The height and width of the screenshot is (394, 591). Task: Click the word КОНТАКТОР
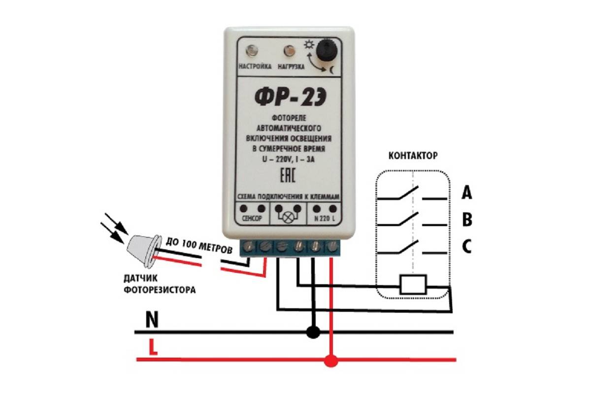tap(413, 156)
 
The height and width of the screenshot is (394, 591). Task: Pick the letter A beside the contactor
tap(466, 193)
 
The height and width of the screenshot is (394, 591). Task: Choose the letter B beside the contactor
tap(466, 220)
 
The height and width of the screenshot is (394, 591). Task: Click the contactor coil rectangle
tap(413, 285)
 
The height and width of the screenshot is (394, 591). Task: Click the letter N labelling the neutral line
tap(152, 321)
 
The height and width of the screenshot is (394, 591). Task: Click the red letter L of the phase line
tap(153, 349)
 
